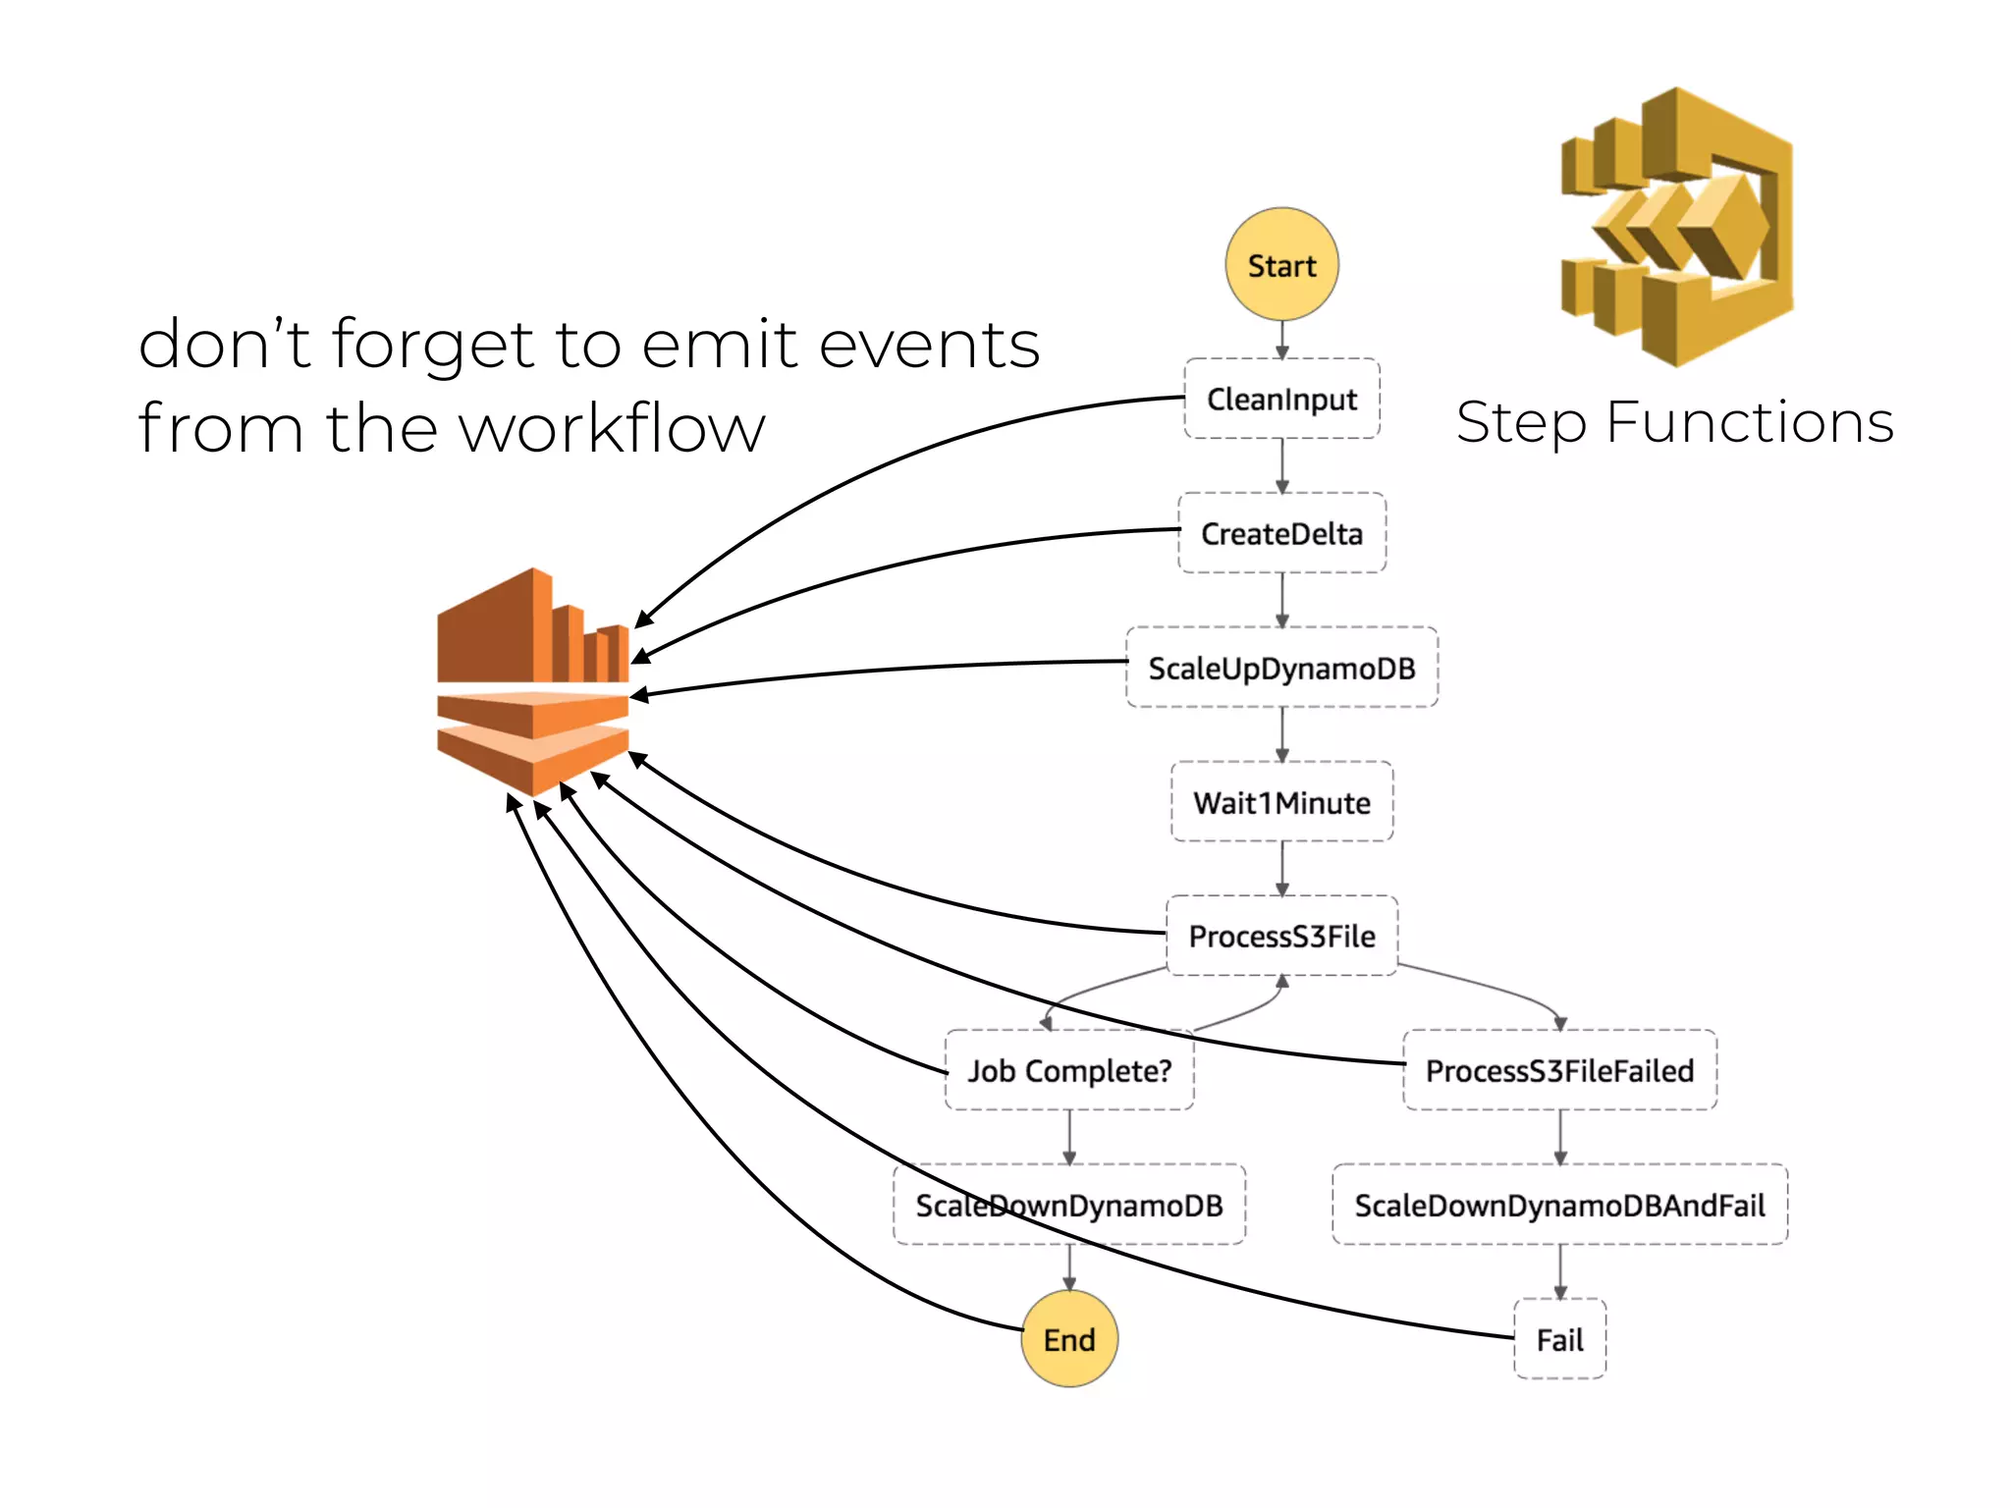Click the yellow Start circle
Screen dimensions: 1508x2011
(x=1281, y=265)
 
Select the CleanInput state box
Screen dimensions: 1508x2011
(x=1281, y=399)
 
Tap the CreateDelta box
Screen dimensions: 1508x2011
(x=1281, y=533)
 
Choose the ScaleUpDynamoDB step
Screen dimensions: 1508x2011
(x=1281, y=668)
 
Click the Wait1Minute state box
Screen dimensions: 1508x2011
(x=1281, y=802)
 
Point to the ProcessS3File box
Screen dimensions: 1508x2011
(x=1281, y=936)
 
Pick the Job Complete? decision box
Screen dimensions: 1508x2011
(x=1069, y=1070)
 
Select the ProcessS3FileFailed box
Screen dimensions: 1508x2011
(x=1559, y=1070)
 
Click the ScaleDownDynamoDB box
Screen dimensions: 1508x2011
(x=1069, y=1205)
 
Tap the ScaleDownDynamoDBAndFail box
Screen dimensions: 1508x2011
(x=1559, y=1205)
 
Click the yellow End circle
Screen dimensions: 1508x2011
(x=1069, y=1339)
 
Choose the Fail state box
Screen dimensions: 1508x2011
(x=1559, y=1339)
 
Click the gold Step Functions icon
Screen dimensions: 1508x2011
(x=1677, y=228)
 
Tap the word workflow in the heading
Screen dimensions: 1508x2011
(x=612, y=429)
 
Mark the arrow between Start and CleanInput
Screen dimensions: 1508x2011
(x=1281, y=340)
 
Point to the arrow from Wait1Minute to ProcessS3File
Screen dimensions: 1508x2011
(x=1281, y=869)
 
